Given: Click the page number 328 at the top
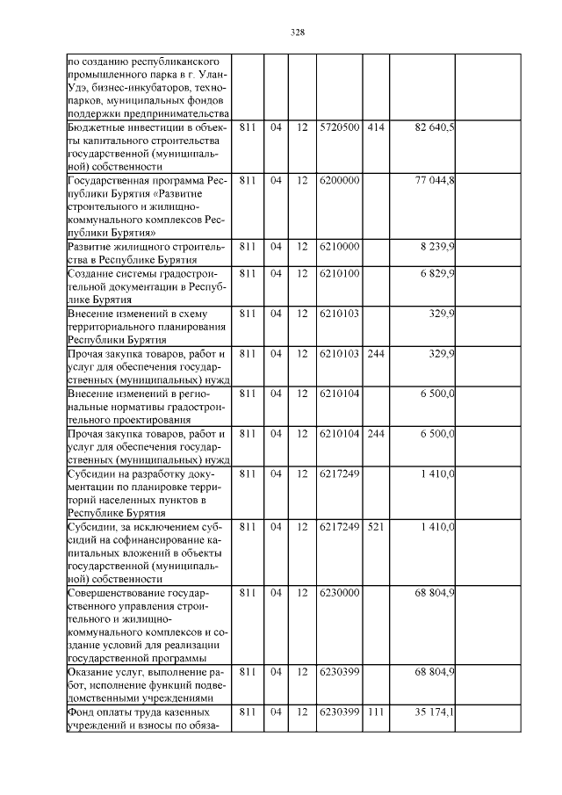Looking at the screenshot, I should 297,33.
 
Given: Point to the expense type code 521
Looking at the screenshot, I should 375,527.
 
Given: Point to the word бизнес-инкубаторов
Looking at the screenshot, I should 134,89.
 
